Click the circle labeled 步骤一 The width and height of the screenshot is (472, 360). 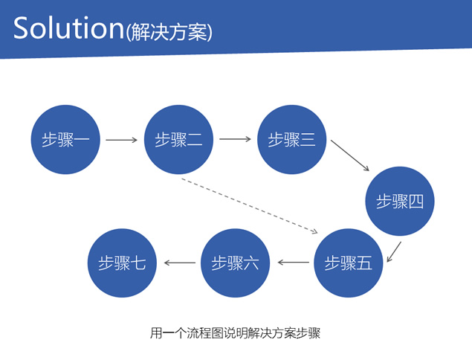[65, 140]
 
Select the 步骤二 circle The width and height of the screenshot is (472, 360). [179, 140]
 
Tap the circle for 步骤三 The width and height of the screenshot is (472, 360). [291, 140]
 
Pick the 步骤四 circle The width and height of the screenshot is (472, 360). [400, 202]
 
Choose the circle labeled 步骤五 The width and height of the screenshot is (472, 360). [349, 263]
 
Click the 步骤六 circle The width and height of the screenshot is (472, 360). [235, 263]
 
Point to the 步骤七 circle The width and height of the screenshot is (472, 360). [122, 263]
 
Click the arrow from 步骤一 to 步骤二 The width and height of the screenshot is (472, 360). [122, 140]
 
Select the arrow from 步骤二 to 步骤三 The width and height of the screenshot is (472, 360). [235, 139]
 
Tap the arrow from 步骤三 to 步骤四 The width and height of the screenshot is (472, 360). [350, 155]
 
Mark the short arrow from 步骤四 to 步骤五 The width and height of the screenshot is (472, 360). [394, 252]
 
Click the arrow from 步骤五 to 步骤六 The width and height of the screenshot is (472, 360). [294, 263]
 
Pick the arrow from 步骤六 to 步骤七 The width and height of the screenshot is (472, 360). [180, 263]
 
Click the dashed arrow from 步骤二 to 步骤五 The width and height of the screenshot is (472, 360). [250, 206]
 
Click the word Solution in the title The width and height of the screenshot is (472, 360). [68, 28]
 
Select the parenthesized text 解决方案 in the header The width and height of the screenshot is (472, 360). [169, 32]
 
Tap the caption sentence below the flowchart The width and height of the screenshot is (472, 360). [235, 333]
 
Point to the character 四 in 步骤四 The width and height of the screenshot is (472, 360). [416, 202]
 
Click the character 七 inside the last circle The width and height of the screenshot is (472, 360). [138, 263]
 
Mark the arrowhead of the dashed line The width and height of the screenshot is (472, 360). [315, 231]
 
